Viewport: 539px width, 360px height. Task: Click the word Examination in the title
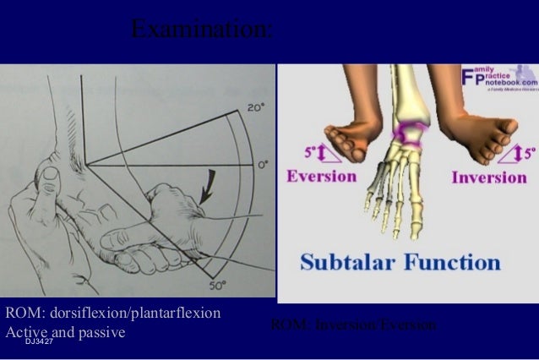[201, 30]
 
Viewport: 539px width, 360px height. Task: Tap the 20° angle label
[255, 107]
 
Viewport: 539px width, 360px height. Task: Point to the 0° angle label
[264, 164]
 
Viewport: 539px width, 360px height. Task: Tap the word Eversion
[321, 177]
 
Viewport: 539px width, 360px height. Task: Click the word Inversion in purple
[489, 177]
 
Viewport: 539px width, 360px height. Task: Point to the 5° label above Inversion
[529, 155]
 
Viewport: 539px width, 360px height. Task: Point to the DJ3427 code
[39, 341]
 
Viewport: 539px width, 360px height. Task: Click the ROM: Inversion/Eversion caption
[353, 325]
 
